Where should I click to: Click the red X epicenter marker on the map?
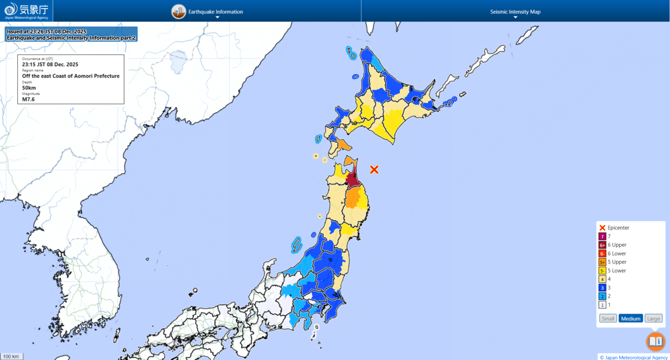[x=374, y=169]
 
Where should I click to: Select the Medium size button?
[x=630, y=318]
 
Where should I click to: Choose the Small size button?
[x=607, y=318]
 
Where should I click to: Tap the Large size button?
[x=653, y=318]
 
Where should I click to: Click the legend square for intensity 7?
[x=602, y=237]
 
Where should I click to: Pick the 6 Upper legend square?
[x=602, y=245]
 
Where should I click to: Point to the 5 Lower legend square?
[x=602, y=271]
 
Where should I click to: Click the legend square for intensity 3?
[x=602, y=287]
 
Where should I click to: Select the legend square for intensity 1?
[x=602, y=305]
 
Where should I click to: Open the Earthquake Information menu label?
[x=216, y=12]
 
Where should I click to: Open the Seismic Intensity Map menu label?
[x=515, y=12]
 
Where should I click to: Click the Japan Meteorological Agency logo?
[x=26, y=11]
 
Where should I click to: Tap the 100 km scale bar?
[x=11, y=356]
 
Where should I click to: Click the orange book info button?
[x=655, y=341]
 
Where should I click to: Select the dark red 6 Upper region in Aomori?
[x=352, y=180]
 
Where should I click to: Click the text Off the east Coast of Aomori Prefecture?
[x=71, y=76]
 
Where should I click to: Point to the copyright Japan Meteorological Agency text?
[x=634, y=357]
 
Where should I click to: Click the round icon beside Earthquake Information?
[x=179, y=11]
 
